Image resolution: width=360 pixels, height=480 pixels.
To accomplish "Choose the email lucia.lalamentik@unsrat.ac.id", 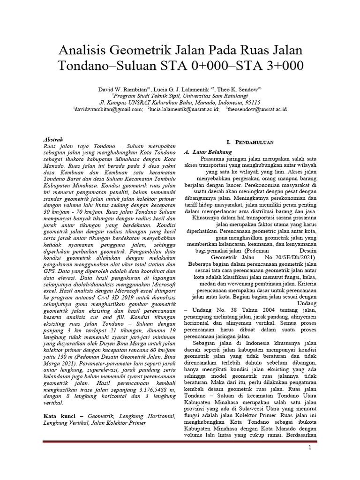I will pyautogui.click(x=184, y=109).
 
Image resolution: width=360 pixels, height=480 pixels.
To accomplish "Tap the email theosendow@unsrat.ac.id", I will pyautogui.click(x=257, y=109).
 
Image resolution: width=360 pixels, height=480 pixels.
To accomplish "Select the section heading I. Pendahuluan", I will pyautogui.click(x=250, y=142).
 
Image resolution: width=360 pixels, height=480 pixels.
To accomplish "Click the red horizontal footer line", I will pyautogui.click(x=180, y=442).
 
